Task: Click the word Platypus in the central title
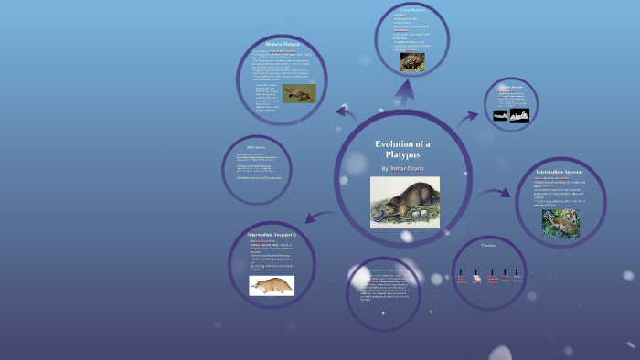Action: (x=402, y=155)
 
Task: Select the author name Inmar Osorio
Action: (x=403, y=169)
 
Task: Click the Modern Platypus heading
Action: (x=283, y=44)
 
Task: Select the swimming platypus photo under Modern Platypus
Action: (x=298, y=93)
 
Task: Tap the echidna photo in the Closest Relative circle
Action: (x=411, y=61)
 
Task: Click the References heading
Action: (x=256, y=146)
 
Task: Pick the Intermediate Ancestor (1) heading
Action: (x=272, y=235)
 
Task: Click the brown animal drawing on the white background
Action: (x=272, y=286)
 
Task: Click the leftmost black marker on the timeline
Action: (x=461, y=271)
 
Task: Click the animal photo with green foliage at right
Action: (x=560, y=224)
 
